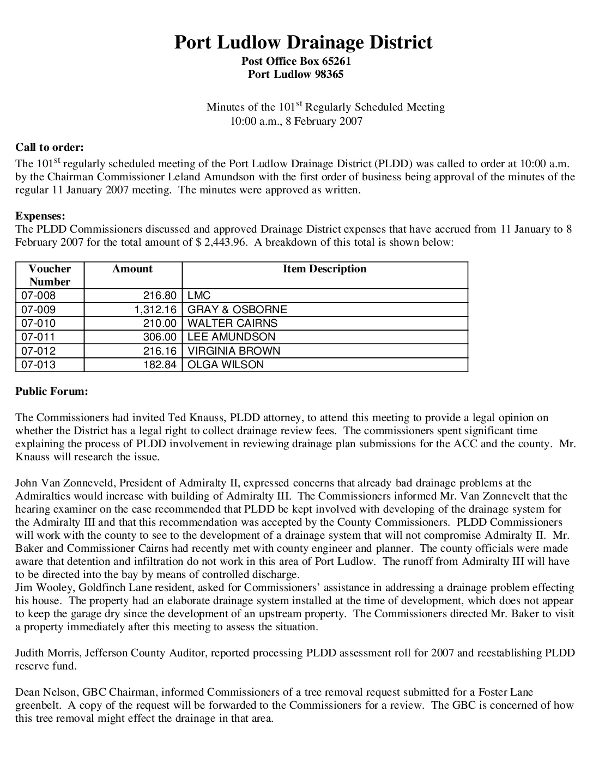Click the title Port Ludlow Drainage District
coord(303,42)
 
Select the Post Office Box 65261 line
coord(296,61)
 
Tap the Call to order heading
coord(50,147)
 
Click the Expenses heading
coord(40,216)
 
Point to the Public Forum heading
coord(52,391)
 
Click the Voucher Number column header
coord(50,275)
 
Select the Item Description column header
coord(324,269)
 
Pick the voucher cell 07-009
coord(38,309)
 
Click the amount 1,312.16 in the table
coord(155,309)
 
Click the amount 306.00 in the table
coord(160,337)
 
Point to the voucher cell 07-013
coord(38,364)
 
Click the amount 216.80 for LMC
coord(160,296)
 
